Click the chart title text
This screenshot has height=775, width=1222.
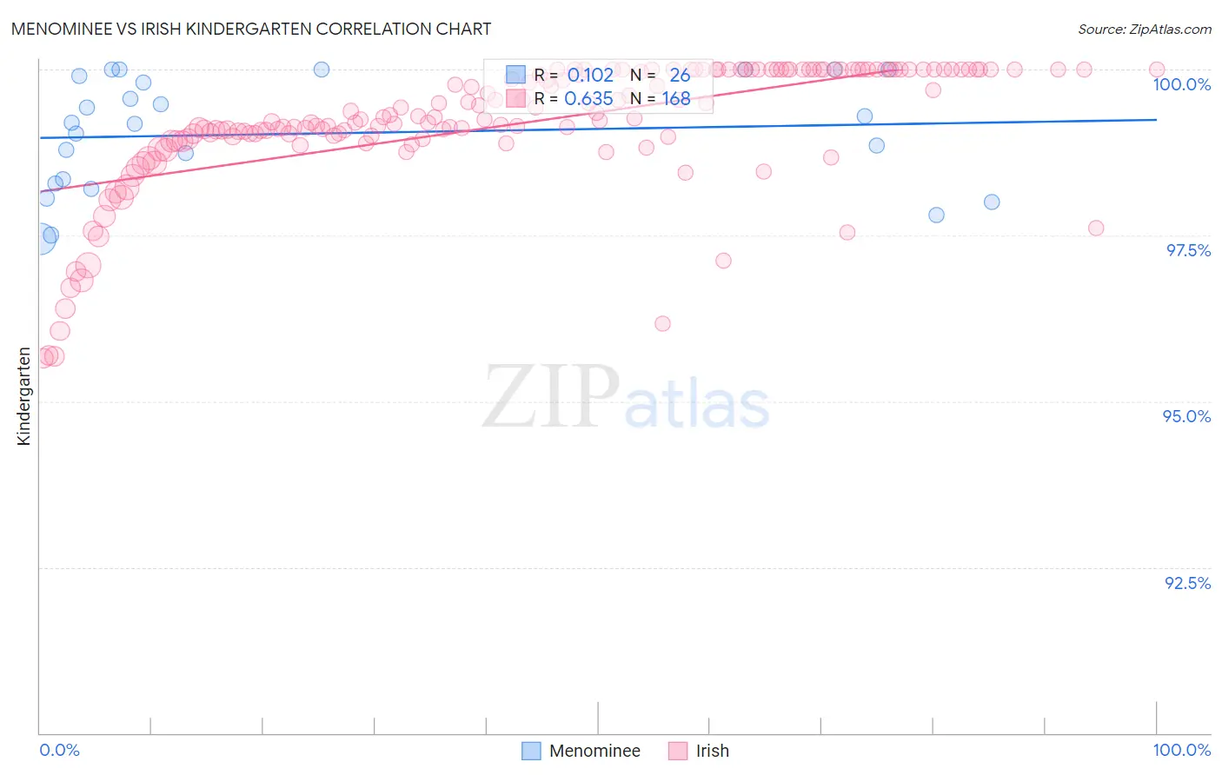tap(251, 29)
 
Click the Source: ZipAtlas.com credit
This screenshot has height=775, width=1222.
tap(1144, 30)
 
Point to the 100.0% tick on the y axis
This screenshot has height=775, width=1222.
tap(1181, 84)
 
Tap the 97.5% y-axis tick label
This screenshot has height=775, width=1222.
tap(1187, 250)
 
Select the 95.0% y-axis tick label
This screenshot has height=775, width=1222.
tap(1186, 416)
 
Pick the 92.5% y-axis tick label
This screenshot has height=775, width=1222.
tap(1187, 583)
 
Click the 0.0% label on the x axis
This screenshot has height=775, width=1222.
tap(59, 750)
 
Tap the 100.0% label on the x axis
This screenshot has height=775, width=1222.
tap(1181, 750)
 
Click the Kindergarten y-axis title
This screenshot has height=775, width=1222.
tap(23, 396)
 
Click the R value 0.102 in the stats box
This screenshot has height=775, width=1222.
tap(590, 75)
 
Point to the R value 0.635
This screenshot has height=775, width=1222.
tap(588, 99)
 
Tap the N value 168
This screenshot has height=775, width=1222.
tap(676, 99)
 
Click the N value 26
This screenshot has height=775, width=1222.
tap(680, 75)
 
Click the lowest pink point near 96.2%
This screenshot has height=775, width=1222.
tap(662, 323)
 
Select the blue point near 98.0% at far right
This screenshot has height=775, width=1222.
tap(991, 202)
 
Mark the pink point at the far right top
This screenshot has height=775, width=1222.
tap(1156, 70)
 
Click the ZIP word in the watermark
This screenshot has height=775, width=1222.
tap(550, 397)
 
